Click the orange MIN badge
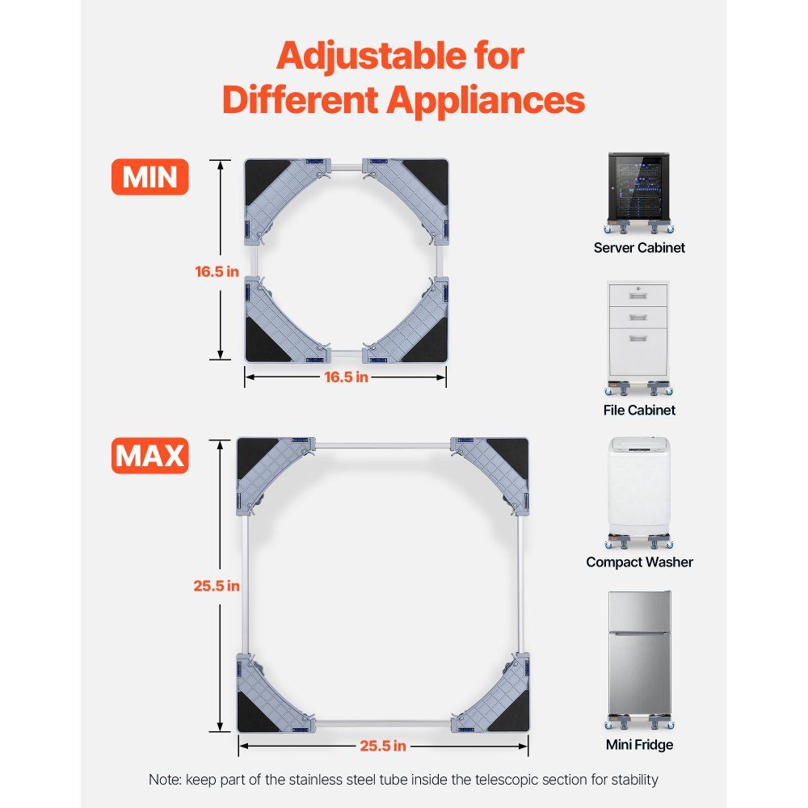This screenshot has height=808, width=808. [x=150, y=177]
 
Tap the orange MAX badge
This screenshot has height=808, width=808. [x=150, y=456]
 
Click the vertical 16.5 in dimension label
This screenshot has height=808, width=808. [x=217, y=271]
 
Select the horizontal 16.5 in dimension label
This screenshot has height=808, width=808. [x=347, y=377]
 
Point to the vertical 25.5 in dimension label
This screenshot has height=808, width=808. [x=217, y=586]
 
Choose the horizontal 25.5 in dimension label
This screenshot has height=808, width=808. [x=383, y=746]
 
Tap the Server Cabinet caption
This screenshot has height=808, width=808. [x=639, y=248]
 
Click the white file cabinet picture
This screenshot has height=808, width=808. [x=639, y=338]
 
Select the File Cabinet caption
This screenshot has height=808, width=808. [x=639, y=410]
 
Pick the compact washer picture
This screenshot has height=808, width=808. [x=639, y=493]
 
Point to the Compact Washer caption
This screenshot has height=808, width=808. [x=639, y=562]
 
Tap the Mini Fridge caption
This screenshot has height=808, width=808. [x=639, y=745]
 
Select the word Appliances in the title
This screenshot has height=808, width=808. [x=486, y=99]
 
